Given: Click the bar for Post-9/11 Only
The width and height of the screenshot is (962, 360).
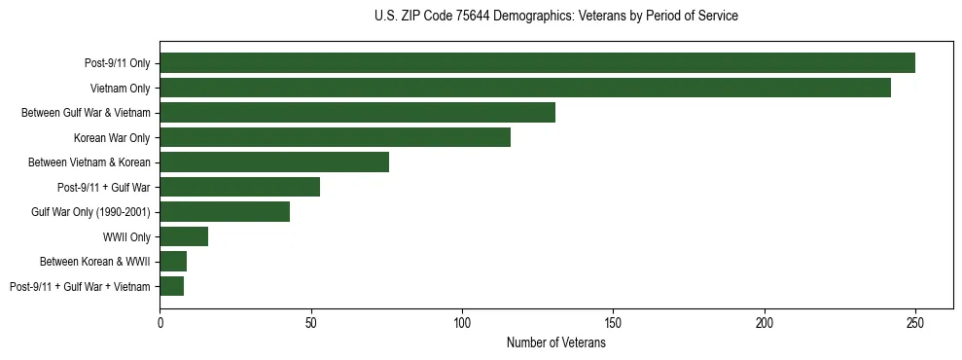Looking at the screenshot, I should pyautogui.click(x=537, y=63).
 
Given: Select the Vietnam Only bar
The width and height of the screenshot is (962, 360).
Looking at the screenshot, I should pyautogui.click(x=525, y=88).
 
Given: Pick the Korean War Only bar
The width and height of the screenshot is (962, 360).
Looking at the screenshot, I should pyautogui.click(x=335, y=137).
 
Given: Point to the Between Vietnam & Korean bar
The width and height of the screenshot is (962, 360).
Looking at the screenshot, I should pyautogui.click(x=274, y=162).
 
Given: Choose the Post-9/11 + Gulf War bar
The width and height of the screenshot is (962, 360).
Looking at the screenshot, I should pyautogui.click(x=239, y=187).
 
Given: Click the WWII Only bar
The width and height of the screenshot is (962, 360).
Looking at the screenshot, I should pyautogui.click(x=184, y=236).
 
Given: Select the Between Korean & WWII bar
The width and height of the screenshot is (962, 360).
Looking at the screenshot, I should pyautogui.click(x=173, y=261).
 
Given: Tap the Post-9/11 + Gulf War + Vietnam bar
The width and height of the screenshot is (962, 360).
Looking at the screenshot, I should pyautogui.click(x=172, y=286).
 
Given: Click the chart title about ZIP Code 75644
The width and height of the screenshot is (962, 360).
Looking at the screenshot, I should pyautogui.click(x=555, y=17).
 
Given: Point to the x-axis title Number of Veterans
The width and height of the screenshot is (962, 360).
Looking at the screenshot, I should pyautogui.click(x=555, y=343).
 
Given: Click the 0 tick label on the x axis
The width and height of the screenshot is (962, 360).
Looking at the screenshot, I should pyautogui.click(x=160, y=322).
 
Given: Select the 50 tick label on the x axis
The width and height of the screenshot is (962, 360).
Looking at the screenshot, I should pyautogui.click(x=311, y=322).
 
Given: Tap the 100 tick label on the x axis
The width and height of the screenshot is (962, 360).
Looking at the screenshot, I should pyautogui.click(x=462, y=322).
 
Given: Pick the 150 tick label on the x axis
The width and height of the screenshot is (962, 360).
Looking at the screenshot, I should pyautogui.click(x=614, y=322).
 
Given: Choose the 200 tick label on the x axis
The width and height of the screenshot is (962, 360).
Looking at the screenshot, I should pyautogui.click(x=765, y=322).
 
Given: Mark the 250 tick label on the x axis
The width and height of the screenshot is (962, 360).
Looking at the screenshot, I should pyautogui.click(x=915, y=322).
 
